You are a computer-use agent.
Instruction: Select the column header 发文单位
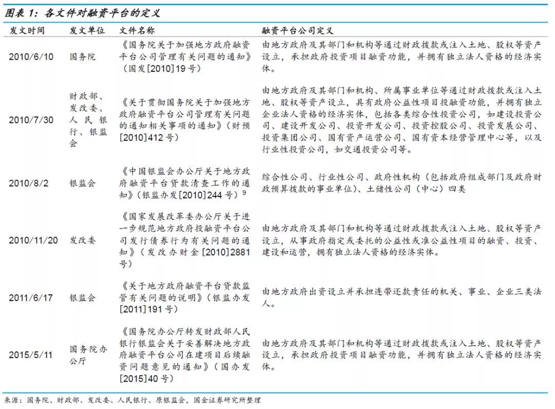point(87,31)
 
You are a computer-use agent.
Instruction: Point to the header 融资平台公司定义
point(298,31)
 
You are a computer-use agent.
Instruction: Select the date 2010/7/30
point(31,120)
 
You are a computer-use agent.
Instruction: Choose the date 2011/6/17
point(31,297)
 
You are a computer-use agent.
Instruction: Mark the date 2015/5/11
point(31,355)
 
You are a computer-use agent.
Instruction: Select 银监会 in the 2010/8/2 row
point(82,183)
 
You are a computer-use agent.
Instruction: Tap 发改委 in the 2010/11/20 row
point(82,240)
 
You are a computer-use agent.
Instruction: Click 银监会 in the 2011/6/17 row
point(82,297)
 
